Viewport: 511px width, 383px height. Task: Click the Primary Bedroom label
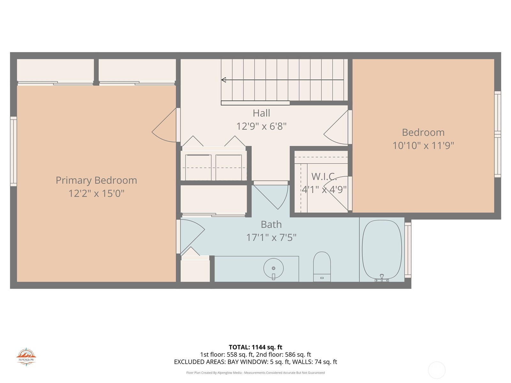pyautogui.click(x=96, y=180)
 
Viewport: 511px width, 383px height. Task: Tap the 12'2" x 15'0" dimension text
pyautogui.click(x=96, y=193)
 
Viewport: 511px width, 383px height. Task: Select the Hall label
pyautogui.click(x=262, y=113)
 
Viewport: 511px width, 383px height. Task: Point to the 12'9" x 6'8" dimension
pyautogui.click(x=262, y=126)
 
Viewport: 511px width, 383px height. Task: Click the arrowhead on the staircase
pyautogui.click(x=224, y=80)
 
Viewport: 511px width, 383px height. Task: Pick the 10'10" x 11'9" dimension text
pyautogui.click(x=423, y=146)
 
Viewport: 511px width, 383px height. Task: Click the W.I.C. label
pyautogui.click(x=324, y=177)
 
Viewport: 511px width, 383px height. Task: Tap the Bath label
pyautogui.click(x=271, y=225)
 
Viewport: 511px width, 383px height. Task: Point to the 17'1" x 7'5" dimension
pyautogui.click(x=271, y=238)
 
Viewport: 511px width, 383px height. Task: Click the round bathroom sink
pyautogui.click(x=273, y=268)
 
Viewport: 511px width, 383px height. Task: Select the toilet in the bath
pyautogui.click(x=322, y=267)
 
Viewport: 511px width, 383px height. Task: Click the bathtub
pyautogui.click(x=382, y=250)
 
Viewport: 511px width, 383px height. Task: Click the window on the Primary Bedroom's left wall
pyautogui.click(x=13, y=151)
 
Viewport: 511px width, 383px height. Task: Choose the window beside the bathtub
pyautogui.click(x=408, y=250)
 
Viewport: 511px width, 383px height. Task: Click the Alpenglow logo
pyautogui.click(x=26, y=357)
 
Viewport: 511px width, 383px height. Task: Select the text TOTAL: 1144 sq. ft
pyautogui.click(x=256, y=347)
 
